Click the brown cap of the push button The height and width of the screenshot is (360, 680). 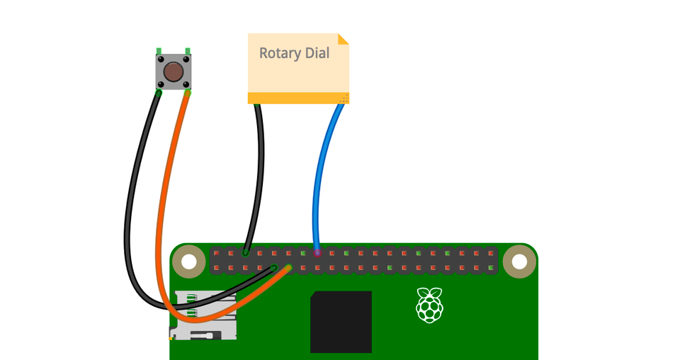click(x=173, y=72)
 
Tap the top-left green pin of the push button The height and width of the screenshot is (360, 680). click(x=159, y=50)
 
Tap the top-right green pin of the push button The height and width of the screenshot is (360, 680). click(x=188, y=50)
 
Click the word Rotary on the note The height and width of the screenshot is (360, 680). click(x=280, y=54)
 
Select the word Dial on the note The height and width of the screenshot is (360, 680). click(x=317, y=54)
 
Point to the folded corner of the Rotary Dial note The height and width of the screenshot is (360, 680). click(x=344, y=38)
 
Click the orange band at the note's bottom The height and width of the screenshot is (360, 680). click(x=297, y=98)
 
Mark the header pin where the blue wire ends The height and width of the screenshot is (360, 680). click(x=317, y=252)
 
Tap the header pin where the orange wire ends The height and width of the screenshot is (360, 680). click(x=288, y=268)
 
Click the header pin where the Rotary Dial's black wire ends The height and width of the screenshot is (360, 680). click(x=245, y=252)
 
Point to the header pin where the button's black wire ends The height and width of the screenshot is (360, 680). click(x=274, y=268)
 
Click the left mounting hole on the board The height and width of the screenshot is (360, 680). click(x=188, y=261)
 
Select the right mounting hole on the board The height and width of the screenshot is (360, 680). click(x=520, y=261)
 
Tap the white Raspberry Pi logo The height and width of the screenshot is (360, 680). click(x=429, y=305)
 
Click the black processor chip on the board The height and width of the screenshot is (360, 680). click(x=341, y=321)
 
